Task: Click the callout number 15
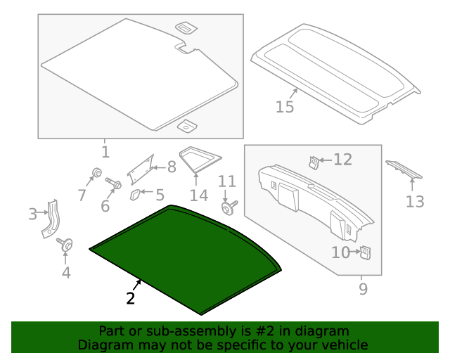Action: (284, 107)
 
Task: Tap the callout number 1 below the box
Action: (105, 152)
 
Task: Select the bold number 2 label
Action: (130, 298)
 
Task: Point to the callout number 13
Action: (415, 202)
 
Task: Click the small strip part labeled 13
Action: (404, 169)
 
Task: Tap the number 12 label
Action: (342, 160)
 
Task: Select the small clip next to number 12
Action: (314, 162)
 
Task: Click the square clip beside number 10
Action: (365, 251)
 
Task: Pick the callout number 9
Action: (363, 288)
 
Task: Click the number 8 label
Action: (171, 167)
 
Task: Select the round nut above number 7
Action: (96, 173)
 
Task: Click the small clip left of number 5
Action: (135, 193)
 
